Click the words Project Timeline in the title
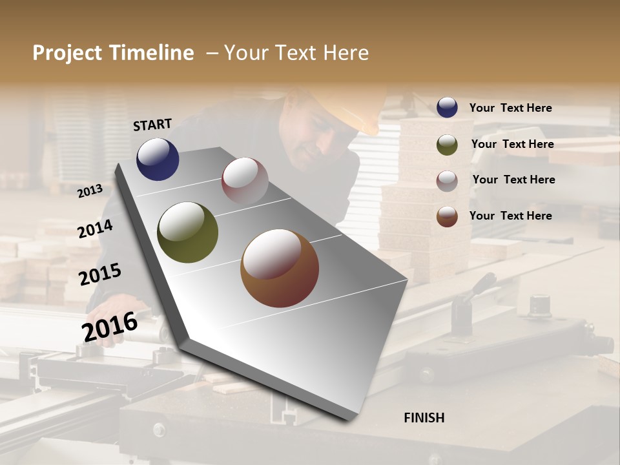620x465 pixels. pyautogui.click(x=113, y=53)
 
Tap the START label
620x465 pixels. pyautogui.click(x=152, y=125)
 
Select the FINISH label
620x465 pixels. pyautogui.click(x=424, y=418)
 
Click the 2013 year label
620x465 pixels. pyautogui.click(x=90, y=191)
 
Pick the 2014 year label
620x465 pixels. pyautogui.click(x=95, y=229)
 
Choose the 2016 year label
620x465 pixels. pyautogui.click(x=109, y=326)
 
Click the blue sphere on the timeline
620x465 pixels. pyautogui.click(x=158, y=159)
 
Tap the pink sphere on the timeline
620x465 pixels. pyautogui.click(x=245, y=180)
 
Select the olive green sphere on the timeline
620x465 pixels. pyautogui.click(x=187, y=232)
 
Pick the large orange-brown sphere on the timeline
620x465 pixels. pyautogui.click(x=279, y=268)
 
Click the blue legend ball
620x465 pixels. pyautogui.click(x=447, y=107)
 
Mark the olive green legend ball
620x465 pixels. pyautogui.click(x=447, y=145)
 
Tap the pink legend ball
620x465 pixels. pyautogui.click(x=447, y=180)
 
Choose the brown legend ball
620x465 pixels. pyautogui.click(x=447, y=216)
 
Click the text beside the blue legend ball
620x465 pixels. pyautogui.click(x=510, y=108)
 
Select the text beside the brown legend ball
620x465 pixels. pyautogui.click(x=510, y=216)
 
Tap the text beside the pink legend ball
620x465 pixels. pyautogui.click(x=513, y=180)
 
